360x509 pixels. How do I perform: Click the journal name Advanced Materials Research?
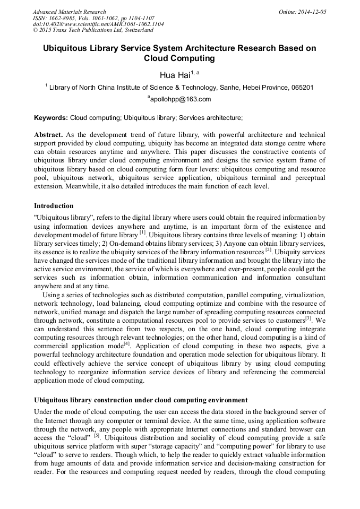(69, 12)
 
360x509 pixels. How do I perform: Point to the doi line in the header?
(98, 24)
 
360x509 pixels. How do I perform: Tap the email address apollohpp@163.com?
(180, 99)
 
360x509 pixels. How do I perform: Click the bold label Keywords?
(51, 117)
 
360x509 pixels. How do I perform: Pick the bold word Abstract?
(48, 135)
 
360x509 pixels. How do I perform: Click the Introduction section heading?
(54, 205)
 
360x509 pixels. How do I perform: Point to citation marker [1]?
(142, 232)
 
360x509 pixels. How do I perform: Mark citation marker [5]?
(97, 435)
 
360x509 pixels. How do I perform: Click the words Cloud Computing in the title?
(179, 59)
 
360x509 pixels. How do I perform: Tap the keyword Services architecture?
(211, 117)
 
